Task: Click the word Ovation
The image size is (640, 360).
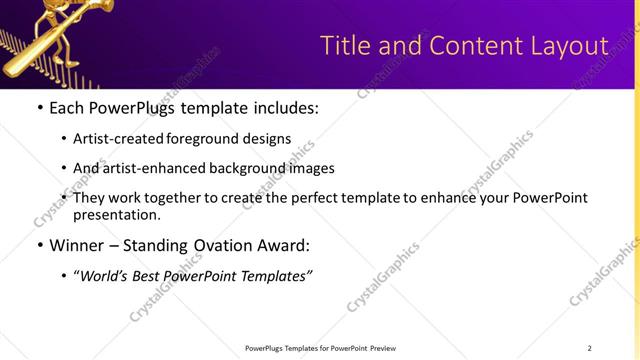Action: pos(229,245)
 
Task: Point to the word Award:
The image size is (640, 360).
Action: pos(289,245)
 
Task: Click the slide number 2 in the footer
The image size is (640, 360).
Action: pos(589,347)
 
